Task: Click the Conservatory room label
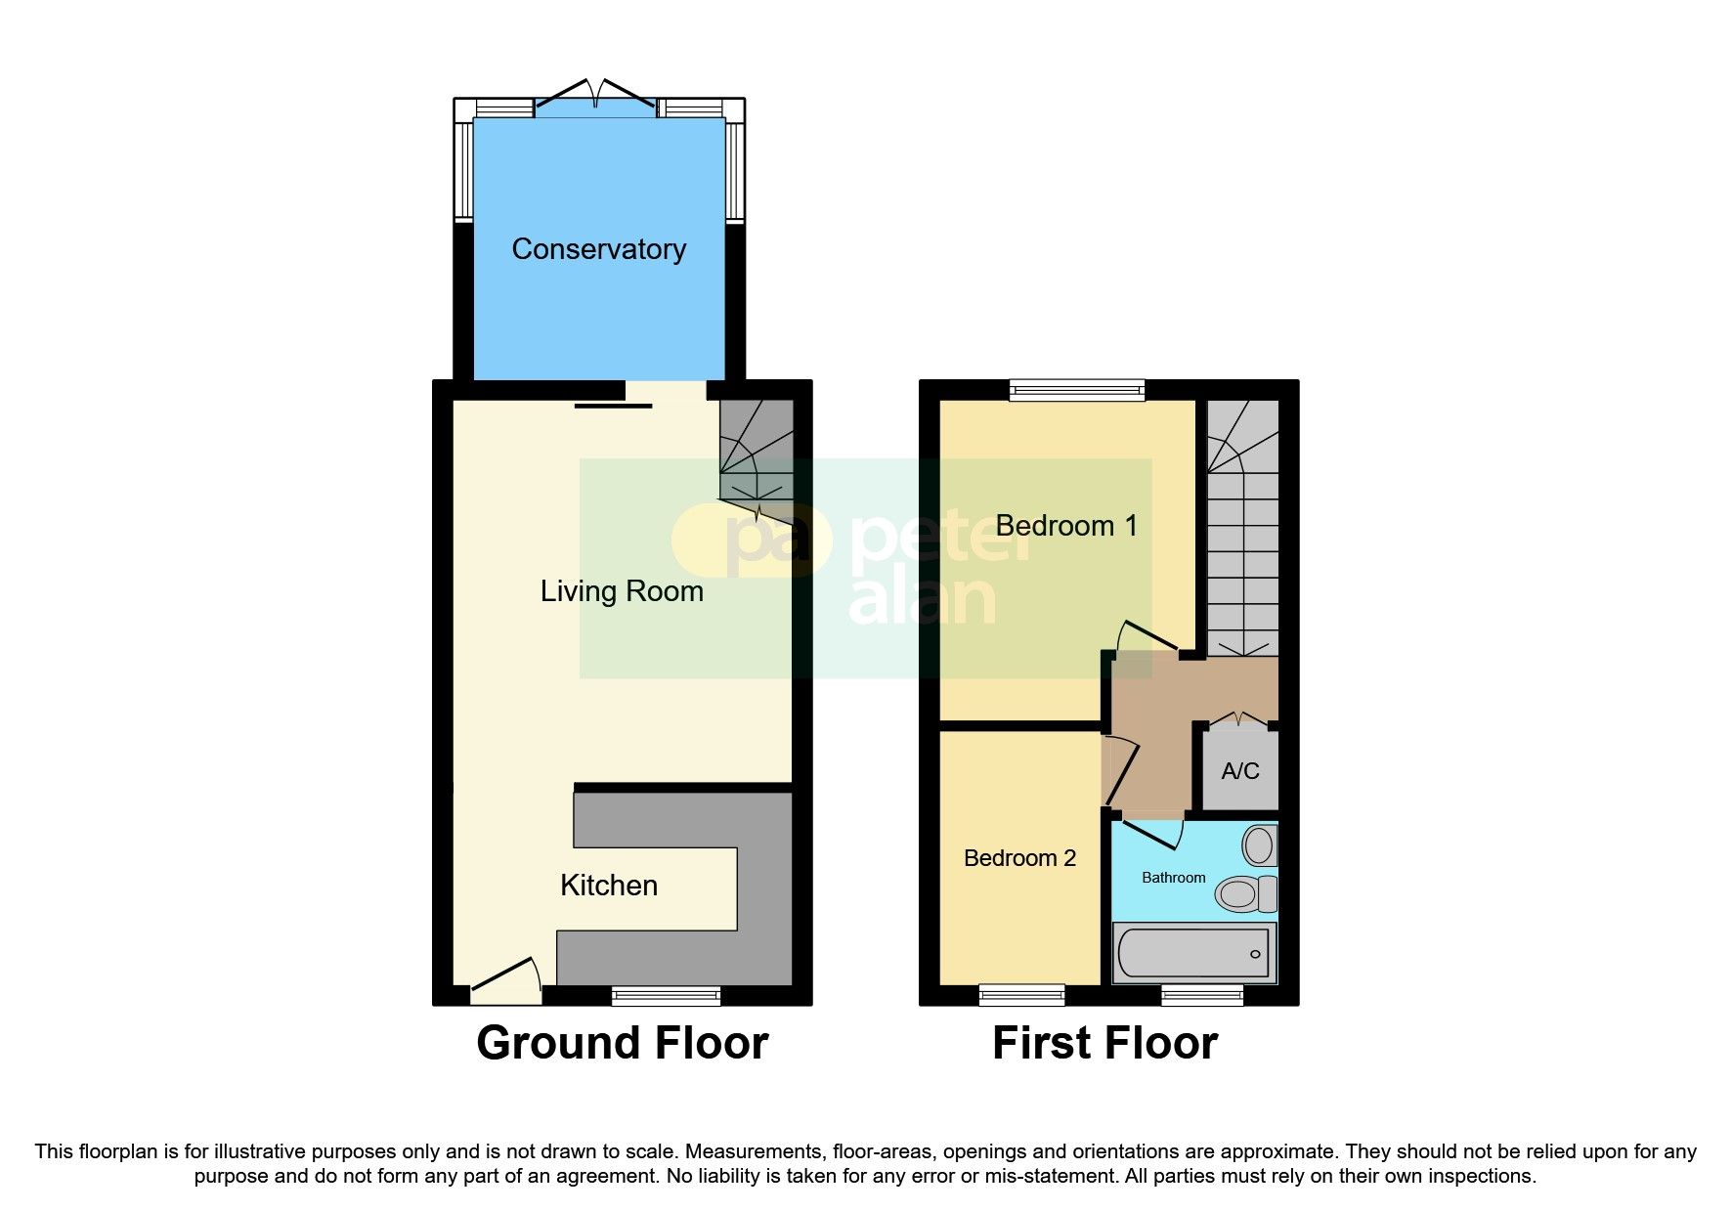pyautogui.click(x=598, y=249)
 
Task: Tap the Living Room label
pyautogui.click(x=622, y=591)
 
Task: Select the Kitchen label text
pyautogui.click(x=608, y=886)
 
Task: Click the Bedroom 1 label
pyautogui.click(x=1065, y=526)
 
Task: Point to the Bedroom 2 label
pyautogui.click(x=1019, y=858)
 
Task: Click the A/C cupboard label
pyautogui.click(x=1239, y=771)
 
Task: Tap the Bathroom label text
pyautogui.click(x=1173, y=878)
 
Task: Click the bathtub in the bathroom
pyautogui.click(x=1194, y=953)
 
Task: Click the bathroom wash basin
pyautogui.click(x=1259, y=844)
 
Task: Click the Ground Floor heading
pyautogui.click(x=622, y=1043)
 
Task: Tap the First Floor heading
pyautogui.click(x=1104, y=1043)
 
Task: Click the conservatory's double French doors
pyautogui.click(x=595, y=95)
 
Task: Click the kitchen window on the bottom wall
pyautogui.click(x=666, y=996)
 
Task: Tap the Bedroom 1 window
pyautogui.click(x=1076, y=390)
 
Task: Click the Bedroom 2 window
pyautogui.click(x=1021, y=996)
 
